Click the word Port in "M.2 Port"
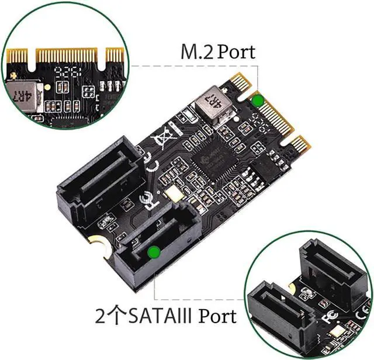click(236, 51)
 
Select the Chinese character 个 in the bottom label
click(117, 316)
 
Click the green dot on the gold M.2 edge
click(257, 100)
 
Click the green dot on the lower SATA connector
click(154, 252)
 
